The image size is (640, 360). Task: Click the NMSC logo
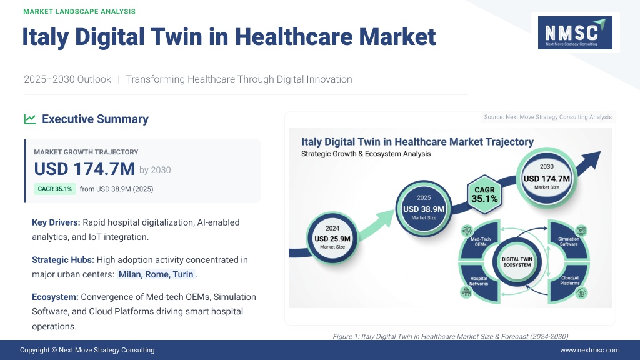575,32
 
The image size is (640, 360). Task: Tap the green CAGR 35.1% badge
55,189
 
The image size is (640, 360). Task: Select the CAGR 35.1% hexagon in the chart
484,195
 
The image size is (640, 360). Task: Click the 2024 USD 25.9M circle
332,238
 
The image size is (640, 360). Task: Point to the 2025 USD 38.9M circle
424,208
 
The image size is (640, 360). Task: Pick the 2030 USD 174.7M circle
546,178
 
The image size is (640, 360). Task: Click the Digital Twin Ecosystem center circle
517,262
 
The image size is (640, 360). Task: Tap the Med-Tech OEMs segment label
481,242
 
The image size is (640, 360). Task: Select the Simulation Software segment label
569,242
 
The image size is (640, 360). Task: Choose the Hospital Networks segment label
479,281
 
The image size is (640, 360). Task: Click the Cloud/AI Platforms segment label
570,281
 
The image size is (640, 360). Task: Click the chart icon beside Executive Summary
30,119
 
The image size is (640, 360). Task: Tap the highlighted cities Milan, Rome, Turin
156,274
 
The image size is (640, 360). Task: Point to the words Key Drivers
56,222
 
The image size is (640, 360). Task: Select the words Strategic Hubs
63,260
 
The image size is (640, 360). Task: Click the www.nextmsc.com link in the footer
590,350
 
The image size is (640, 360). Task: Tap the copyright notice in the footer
87,350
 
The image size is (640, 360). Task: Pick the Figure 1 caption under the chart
450,336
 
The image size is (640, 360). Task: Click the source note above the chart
547,117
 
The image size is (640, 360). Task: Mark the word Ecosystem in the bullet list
55,297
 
